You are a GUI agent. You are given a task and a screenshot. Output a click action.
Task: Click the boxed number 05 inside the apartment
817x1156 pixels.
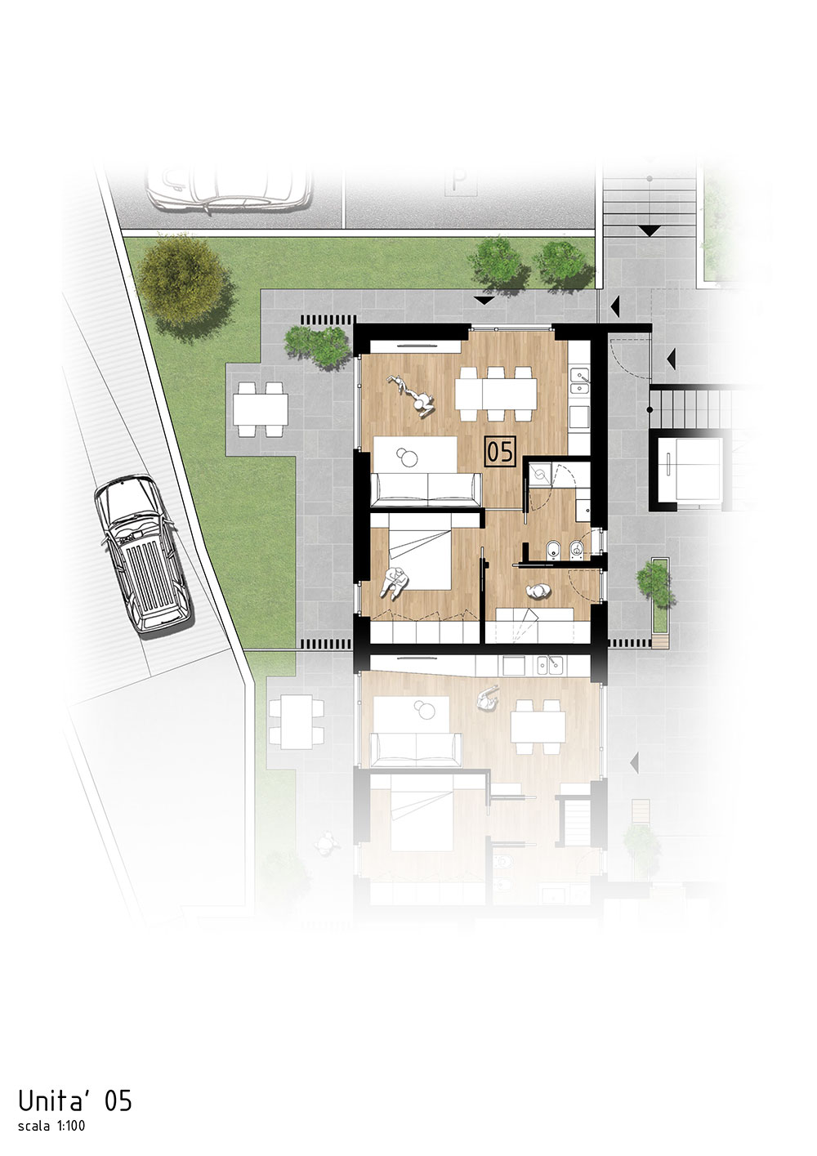[500, 452]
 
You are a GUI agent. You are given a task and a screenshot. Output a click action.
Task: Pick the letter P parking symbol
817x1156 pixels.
[459, 180]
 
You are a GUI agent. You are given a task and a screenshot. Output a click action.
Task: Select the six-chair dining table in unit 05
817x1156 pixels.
[495, 395]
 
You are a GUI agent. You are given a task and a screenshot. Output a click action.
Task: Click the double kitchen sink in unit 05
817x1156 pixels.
[580, 381]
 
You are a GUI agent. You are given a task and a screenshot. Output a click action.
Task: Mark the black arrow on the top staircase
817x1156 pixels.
[650, 230]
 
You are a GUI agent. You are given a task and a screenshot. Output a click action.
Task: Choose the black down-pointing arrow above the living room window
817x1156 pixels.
[484, 300]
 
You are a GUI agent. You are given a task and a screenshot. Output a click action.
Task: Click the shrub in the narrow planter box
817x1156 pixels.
[654, 583]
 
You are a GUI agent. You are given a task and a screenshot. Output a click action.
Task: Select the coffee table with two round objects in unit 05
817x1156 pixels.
[414, 453]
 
